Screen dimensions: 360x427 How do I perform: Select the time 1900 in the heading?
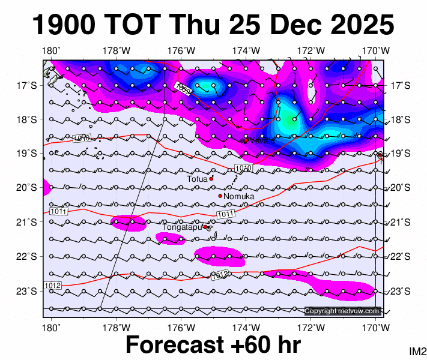[63, 26]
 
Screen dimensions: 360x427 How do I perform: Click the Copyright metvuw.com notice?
[342, 311]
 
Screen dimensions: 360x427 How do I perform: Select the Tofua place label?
[197, 179]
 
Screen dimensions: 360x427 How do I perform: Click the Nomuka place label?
[239, 197]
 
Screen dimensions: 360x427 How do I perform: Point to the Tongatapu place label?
[182, 227]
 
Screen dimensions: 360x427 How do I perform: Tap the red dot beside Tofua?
[211, 178]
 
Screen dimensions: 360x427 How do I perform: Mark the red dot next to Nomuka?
[220, 196]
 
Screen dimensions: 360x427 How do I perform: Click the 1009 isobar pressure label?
[183, 89]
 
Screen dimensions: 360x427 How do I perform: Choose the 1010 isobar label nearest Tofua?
[242, 167]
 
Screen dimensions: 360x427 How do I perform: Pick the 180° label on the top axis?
[51, 50]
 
